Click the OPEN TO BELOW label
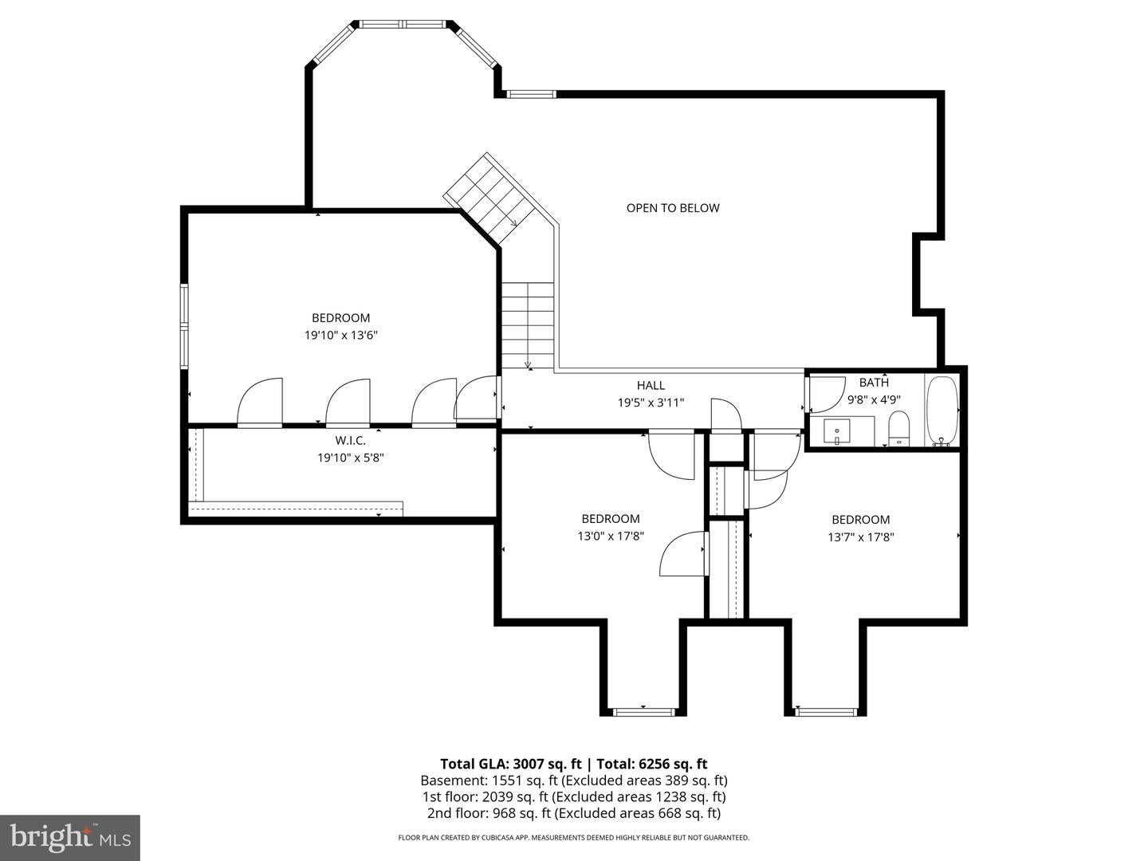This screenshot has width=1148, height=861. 673,208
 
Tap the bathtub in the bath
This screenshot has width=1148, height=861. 942,411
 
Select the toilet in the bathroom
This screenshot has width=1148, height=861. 899,428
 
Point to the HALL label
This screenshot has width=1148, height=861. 651,386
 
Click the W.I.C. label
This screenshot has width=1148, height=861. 351,441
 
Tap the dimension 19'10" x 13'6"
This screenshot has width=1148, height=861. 341,335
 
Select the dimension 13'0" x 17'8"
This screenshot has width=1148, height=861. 611,537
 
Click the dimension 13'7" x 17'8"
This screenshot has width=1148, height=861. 861,537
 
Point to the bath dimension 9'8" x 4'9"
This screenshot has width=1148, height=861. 874,400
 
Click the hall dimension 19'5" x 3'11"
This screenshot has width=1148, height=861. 651,403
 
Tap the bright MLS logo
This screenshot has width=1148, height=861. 70,837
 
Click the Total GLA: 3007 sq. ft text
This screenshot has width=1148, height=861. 510,764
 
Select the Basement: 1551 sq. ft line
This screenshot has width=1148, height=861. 574,780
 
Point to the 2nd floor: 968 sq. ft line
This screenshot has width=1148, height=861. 574,813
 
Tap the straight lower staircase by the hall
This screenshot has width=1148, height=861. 528,326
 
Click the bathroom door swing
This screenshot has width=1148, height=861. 827,395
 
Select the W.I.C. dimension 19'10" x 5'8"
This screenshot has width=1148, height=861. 351,458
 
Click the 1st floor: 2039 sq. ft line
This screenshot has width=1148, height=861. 574,796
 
